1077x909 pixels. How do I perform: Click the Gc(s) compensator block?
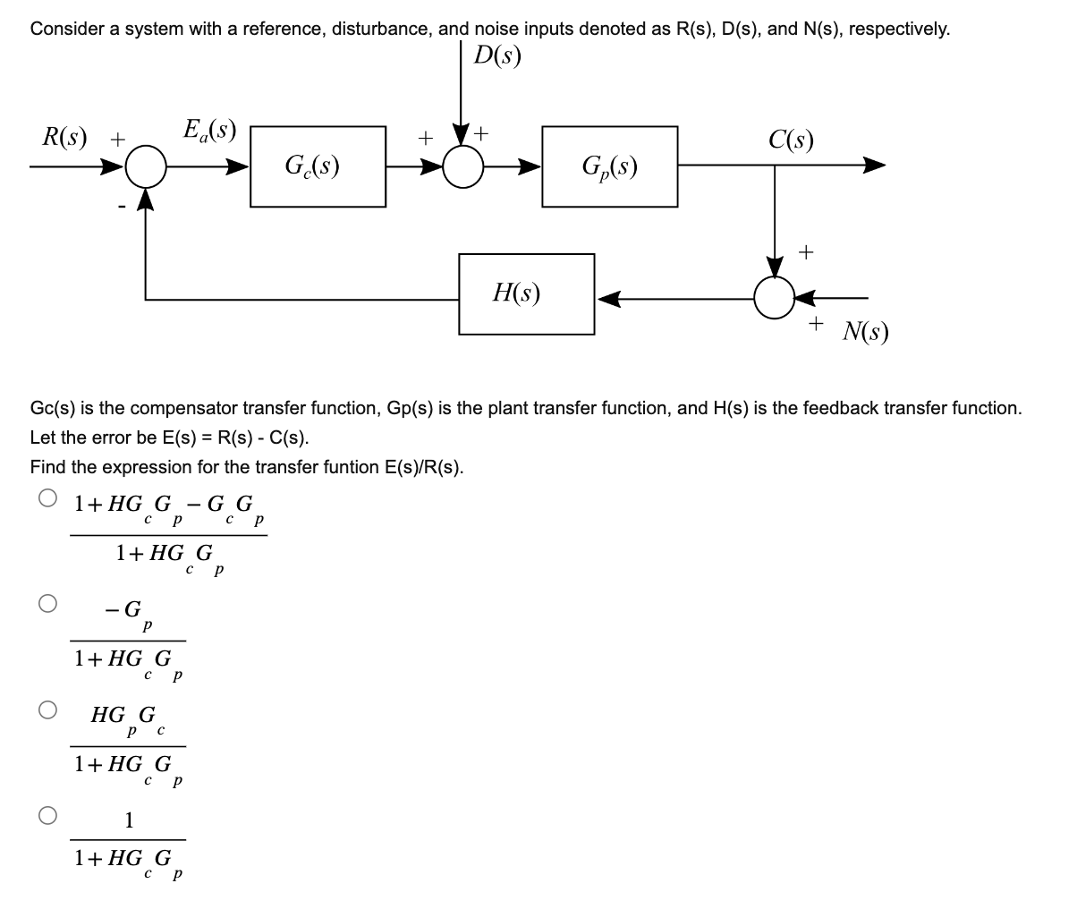click(318, 166)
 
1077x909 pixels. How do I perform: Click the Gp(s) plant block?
click(609, 166)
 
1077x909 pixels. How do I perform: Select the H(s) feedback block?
click(526, 294)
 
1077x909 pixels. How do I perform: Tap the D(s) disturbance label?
click(497, 56)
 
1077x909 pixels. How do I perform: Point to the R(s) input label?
click(65, 139)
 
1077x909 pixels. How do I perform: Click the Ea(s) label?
click(208, 132)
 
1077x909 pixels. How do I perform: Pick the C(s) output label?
click(790, 140)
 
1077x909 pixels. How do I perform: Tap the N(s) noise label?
click(864, 333)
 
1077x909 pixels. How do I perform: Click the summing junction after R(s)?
click(146, 166)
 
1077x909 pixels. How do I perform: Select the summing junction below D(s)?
click(462, 166)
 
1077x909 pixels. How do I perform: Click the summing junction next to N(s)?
click(774, 297)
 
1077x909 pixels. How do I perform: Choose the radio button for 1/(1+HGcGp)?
click(48, 816)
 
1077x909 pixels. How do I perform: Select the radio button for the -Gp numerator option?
click(48, 604)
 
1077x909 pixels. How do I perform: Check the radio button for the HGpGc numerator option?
click(48, 710)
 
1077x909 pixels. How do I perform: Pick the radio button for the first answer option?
click(48, 498)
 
